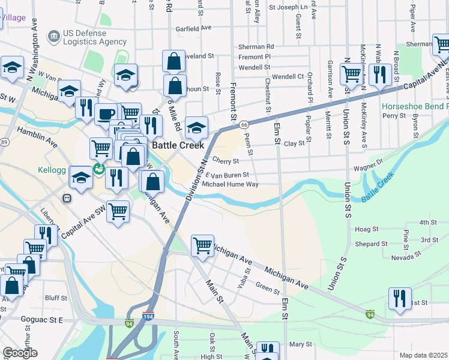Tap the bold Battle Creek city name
(x=178, y=145)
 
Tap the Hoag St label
(x=367, y=229)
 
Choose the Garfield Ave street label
(x=193, y=28)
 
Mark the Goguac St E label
(x=42, y=320)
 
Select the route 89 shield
(x=5, y=142)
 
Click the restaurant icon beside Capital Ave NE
(x=381, y=74)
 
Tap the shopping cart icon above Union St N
(x=351, y=74)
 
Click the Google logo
(x=20, y=353)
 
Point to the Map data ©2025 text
(x=423, y=355)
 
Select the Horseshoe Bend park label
(x=414, y=106)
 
